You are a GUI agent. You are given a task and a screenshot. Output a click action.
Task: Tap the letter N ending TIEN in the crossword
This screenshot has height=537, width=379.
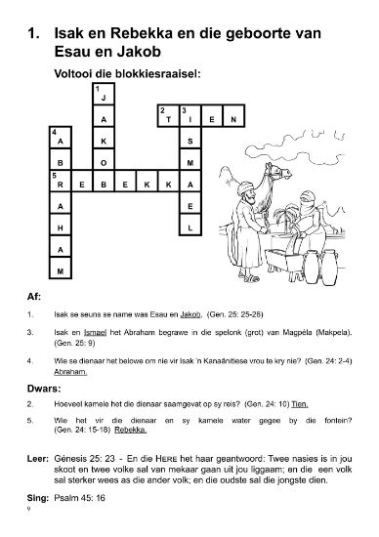coord(234,119)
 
